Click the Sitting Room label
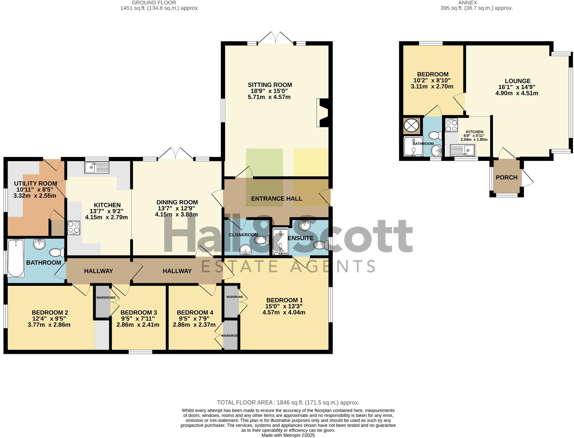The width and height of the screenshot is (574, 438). pos(270,85)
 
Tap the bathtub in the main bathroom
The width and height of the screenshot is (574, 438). pos(16,258)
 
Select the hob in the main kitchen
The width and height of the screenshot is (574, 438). pos(74,228)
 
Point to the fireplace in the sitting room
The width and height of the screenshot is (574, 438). pos(323,113)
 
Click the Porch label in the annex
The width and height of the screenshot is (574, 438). pos(506,177)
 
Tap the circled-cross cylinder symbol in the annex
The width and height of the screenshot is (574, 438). pos(412,126)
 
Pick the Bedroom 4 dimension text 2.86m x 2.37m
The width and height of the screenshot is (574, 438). pos(194,325)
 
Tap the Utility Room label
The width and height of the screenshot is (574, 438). pos(35,183)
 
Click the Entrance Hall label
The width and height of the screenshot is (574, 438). pos(276,199)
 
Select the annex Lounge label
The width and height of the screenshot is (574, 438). pos(517,81)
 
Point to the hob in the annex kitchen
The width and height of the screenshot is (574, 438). pos(451,125)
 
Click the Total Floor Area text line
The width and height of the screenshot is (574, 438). pos(288,403)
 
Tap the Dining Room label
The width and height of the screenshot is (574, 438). pos(177,202)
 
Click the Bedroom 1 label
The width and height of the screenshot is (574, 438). pos(284,300)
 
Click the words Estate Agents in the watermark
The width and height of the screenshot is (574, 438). pos(288,266)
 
